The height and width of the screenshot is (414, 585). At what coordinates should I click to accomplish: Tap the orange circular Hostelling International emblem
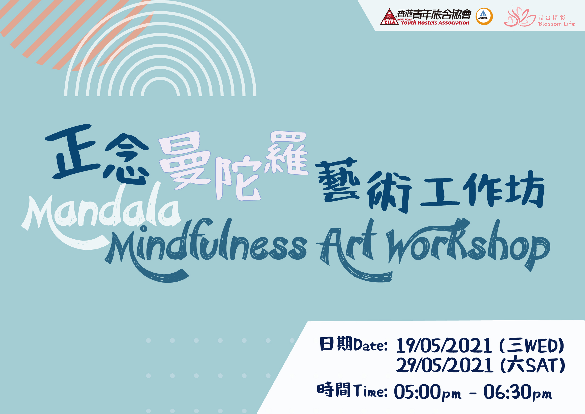(x=484, y=17)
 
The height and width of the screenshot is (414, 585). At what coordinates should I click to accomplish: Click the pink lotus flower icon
(x=519, y=17)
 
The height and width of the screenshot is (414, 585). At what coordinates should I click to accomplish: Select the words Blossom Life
(x=556, y=24)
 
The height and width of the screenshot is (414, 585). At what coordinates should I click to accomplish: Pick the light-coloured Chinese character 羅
(x=286, y=153)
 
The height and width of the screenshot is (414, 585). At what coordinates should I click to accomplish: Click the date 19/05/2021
(x=444, y=346)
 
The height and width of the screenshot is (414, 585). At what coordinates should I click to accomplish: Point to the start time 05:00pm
(x=427, y=392)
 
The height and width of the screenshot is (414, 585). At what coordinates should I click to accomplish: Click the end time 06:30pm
(x=518, y=392)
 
